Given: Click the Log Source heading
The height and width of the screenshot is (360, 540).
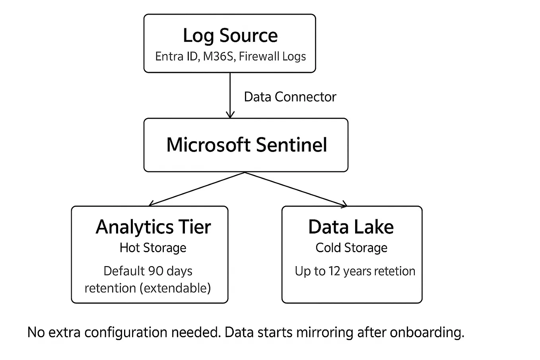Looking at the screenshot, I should (230, 36).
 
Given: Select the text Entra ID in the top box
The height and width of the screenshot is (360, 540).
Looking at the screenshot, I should (176, 56).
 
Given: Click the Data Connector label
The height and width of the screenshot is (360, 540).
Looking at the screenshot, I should (290, 97).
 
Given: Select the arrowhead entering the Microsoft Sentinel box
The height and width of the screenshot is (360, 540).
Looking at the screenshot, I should (230, 115).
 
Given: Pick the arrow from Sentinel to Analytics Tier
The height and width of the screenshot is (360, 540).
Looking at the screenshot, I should (197, 189).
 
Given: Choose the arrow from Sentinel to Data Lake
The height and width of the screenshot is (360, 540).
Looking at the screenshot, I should (296, 189).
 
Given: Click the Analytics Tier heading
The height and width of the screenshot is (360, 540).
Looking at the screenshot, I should (153, 227).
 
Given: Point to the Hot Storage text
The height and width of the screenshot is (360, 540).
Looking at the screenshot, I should (153, 248).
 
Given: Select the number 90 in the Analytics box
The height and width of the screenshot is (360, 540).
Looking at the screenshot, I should (156, 271).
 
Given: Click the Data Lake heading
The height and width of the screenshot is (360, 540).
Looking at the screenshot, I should (351, 227).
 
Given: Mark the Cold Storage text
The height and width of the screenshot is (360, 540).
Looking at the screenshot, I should (351, 248).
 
